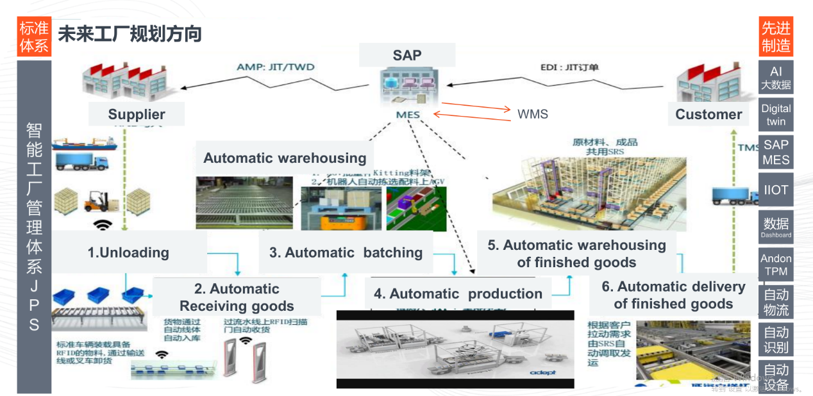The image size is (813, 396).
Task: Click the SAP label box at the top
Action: point(407,55)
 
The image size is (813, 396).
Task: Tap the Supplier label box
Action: point(137,114)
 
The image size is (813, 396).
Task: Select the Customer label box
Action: point(708,114)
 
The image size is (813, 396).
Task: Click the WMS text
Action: point(533,115)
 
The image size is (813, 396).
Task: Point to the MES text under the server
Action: point(408,115)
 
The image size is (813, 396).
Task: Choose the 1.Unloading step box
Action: point(129,252)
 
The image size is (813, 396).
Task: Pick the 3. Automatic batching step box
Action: point(346,252)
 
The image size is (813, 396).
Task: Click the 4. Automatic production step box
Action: point(458,293)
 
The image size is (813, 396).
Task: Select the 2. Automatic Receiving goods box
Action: point(237,297)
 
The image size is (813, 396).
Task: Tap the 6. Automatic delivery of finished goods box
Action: point(673,295)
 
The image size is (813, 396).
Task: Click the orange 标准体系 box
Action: point(34,37)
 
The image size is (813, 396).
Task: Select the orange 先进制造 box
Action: point(775,37)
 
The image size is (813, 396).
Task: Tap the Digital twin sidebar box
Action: point(775,115)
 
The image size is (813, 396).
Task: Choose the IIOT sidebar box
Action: point(775,190)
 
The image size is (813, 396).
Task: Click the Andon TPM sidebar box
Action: point(775,265)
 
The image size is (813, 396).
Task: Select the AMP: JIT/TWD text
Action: point(276,67)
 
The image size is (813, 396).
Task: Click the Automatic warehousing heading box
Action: point(285,158)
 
